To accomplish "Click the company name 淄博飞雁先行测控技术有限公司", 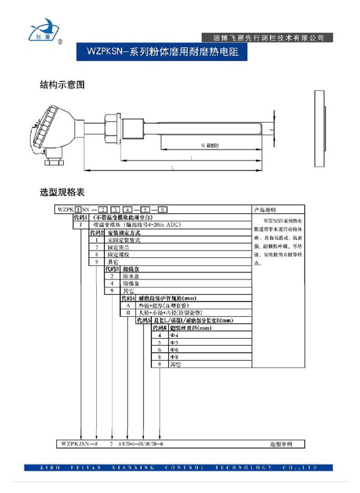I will [x=269, y=38].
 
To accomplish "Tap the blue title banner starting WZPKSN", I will [x=162, y=52].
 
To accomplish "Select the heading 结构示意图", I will [x=63, y=85].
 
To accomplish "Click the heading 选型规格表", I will [x=63, y=193].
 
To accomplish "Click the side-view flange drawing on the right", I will [x=320, y=129].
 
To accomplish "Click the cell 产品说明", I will [x=265, y=210].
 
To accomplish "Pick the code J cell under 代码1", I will [x=80, y=224].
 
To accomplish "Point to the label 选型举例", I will [x=281, y=444].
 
